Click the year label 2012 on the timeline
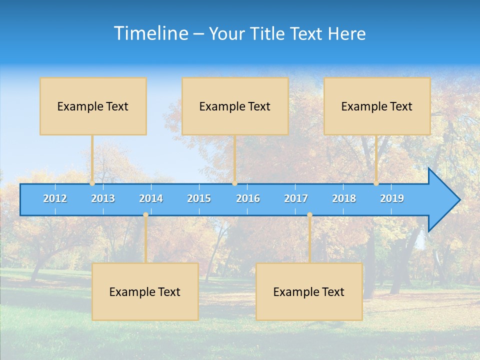click(55, 198)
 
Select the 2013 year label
click(103, 198)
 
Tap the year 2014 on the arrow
click(151, 198)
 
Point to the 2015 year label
click(199, 198)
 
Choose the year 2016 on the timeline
click(248, 198)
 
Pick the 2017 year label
click(296, 198)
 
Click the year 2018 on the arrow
click(344, 198)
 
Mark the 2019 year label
click(392, 198)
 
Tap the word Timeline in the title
click(150, 33)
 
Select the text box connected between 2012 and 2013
click(93, 106)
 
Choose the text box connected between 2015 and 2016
click(235, 106)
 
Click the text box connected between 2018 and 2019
click(377, 106)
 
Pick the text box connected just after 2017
click(309, 291)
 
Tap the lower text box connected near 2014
click(145, 291)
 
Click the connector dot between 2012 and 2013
click(92, 183)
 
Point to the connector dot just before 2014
click(145, 215)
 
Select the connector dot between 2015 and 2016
click(234, 183)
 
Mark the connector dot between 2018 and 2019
click(376, 183)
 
